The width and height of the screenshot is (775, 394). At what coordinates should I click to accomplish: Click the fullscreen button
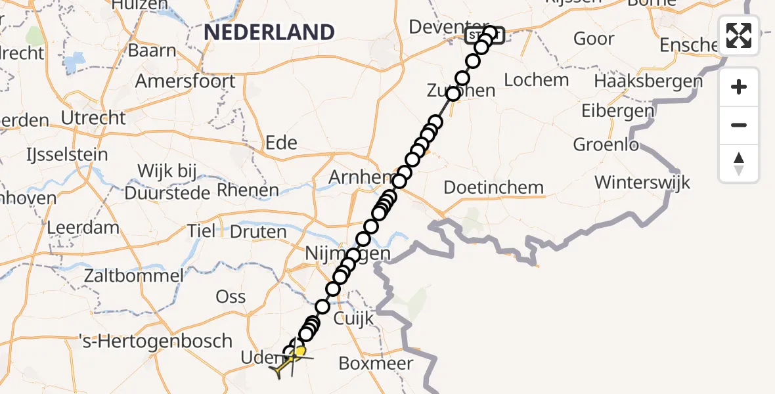[x=739, y=35]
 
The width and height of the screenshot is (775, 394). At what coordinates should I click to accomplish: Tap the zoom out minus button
[x=739, y=125]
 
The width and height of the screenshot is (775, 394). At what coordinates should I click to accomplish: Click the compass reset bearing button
[x=739, y=164]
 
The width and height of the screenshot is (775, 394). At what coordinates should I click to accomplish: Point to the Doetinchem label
[x=494, y=187]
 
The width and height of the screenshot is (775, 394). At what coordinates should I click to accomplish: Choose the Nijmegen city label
[x=348, y=253]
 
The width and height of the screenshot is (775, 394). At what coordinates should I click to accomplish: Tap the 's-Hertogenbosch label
[x=156, y=341]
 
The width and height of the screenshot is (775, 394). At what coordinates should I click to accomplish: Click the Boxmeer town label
[x=376, y=363]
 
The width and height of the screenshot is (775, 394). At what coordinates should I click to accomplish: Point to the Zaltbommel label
[x=133, y=275]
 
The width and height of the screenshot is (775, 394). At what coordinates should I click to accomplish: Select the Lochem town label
[x=537, y=80]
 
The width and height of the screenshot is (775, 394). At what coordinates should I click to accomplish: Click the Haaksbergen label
[x=648, y=81]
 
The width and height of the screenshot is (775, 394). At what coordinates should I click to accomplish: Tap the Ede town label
[x=281, y=142]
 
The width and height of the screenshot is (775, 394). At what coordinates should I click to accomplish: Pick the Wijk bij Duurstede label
[x=167, y=183]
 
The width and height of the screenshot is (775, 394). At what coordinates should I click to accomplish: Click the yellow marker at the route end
[x=299, y=351]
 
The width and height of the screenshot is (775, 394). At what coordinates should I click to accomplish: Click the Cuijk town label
[x=354, y=319]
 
